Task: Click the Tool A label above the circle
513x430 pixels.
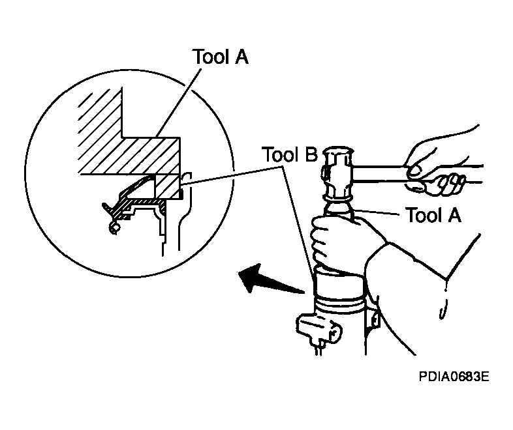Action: point(220,57)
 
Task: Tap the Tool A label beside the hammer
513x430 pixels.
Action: point(433,215)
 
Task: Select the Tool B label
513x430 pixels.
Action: point(290,154)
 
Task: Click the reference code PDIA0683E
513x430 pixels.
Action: point(454,377)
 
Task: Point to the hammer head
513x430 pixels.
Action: point(338,173)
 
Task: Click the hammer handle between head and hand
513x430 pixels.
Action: point(380,173)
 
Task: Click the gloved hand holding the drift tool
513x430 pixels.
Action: point(343,245)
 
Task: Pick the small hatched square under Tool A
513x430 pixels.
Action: point(167,186)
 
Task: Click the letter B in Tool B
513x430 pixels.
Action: point(311,154)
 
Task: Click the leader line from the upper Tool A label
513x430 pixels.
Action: point(178,102)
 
